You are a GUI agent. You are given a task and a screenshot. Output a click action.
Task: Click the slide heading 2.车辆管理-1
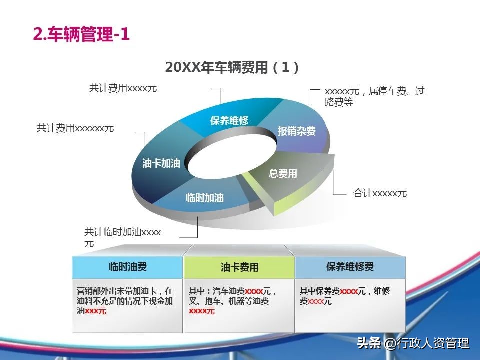pyautogui.click(x=81, y=34)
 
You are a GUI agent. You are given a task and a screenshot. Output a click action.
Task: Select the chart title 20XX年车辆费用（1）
pyautogui.click(x=232, y=67)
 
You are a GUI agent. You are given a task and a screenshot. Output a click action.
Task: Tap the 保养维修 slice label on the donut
pyautogui.click(x=229, y=121)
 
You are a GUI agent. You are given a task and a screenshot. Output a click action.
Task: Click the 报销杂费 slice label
pyautogui.click(x=296, y=131)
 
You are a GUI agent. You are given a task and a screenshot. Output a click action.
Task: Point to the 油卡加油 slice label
pyautogui.click(x=161, y=163)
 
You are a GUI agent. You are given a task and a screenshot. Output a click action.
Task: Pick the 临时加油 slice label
pyautogui.click(x=205, y=198)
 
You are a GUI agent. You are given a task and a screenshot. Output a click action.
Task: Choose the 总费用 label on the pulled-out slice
pyautogui.click(x=283, y=174)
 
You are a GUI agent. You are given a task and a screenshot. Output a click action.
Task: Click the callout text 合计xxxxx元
pyautogui.click(x=380, y=193)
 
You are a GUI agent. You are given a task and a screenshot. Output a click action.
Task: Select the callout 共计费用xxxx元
pyautogui.click(x=123, y=88)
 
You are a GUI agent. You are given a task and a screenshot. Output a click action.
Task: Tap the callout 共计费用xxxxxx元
pyautogui.click(x=75, y=128)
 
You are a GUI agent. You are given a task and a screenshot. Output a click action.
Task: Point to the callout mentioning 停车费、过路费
pyautogui.click(x=374, y=96)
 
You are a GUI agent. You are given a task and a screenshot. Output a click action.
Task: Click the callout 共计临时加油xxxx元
pyautogui.click(x=123, y=238)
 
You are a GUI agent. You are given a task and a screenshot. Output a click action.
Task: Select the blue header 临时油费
pyautogui.click(x=128, y=267)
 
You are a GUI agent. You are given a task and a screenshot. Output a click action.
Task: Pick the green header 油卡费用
pyautogui.click(x=239, y=267)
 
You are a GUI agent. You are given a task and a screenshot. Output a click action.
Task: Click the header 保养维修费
pyautogui.click(x=350, y=267)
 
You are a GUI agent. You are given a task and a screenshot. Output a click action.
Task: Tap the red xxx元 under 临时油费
pyautogui.click(x=96, y=311)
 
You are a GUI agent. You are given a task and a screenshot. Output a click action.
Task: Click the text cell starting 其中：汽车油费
pyautogui.click(x=233, y=301)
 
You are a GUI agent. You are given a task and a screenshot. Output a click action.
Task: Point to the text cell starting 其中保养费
pyautogui.click(x=345, y=296)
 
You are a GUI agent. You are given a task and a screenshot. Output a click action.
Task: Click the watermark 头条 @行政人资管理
pyautogui.click(x=413, y=343)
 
